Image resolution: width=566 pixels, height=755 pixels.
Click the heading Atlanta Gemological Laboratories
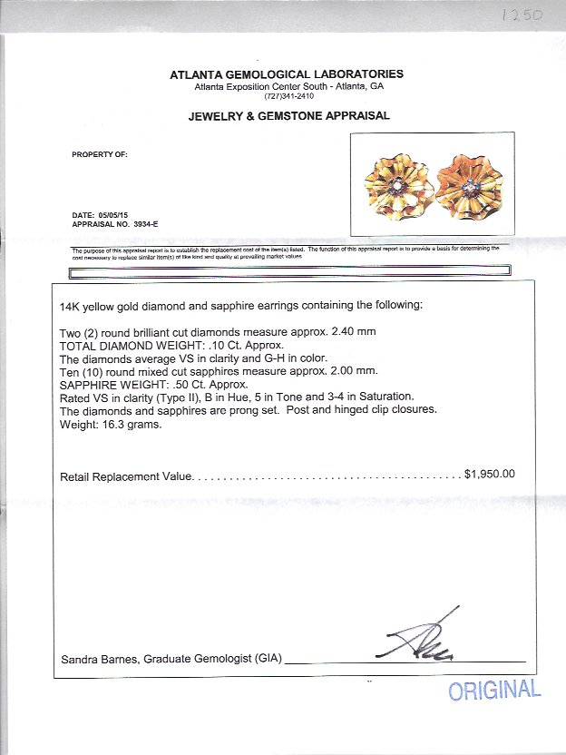pos(287,74)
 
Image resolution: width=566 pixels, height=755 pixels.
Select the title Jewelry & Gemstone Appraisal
pos(288,116)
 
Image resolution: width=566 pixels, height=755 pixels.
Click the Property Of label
pos(100,155)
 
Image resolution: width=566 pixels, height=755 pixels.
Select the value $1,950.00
pos(490,474)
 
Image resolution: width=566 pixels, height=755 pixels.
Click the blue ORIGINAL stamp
pos(494,690)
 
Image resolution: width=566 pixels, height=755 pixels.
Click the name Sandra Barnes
pos(95,658)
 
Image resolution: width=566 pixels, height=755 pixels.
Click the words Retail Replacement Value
pos(126,476)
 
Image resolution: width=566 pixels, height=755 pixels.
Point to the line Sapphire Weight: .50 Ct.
pos(153,385)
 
